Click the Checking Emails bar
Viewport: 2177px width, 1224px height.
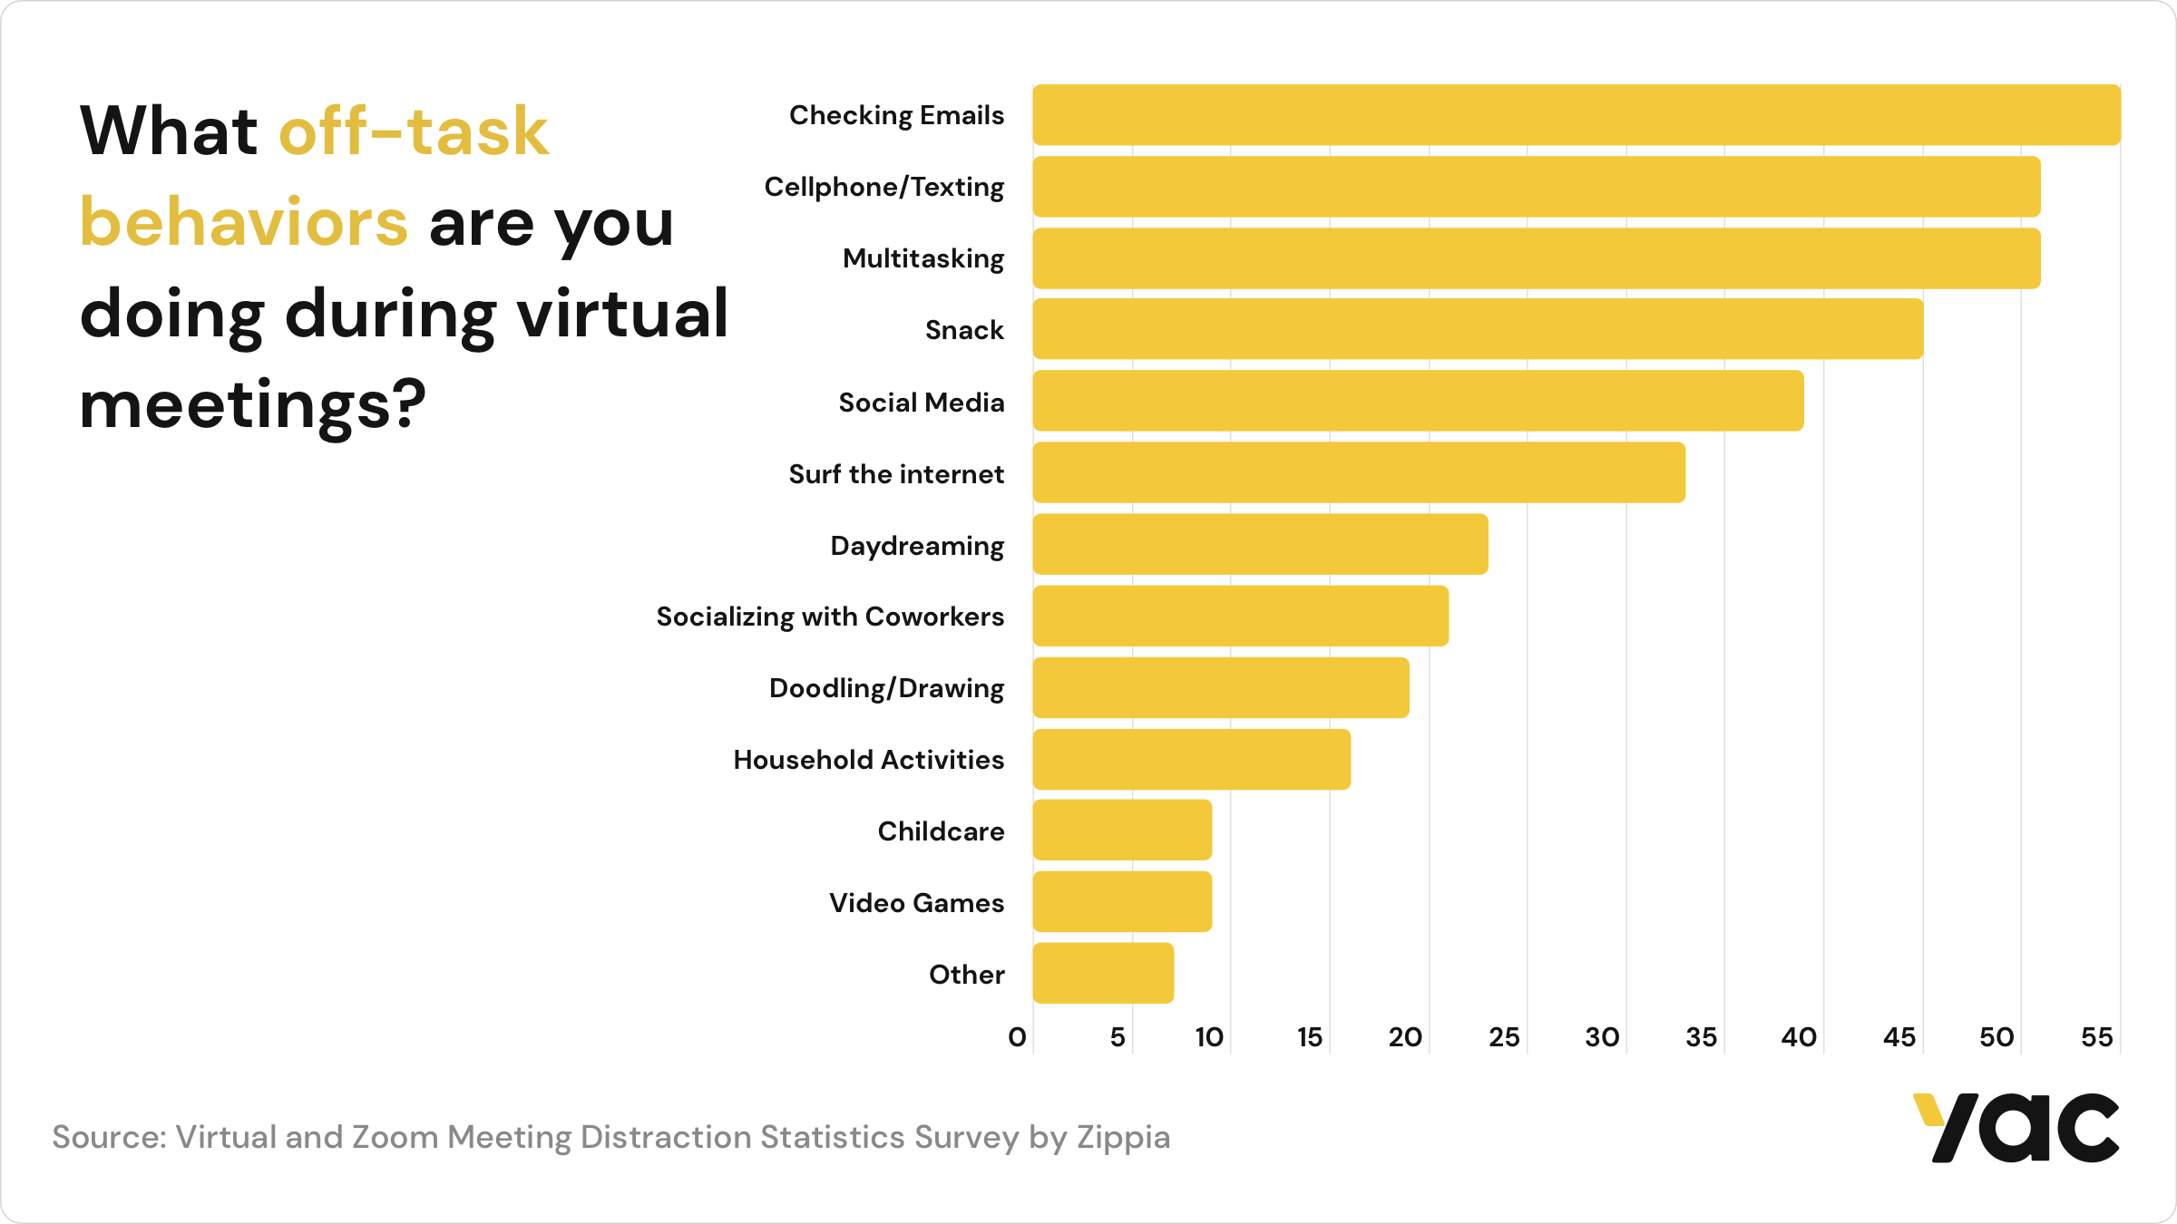[x=1577, y=115]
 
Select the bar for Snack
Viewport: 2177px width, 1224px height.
[x=1478, y=329]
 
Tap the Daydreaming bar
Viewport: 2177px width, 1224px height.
[x=1260, y=544]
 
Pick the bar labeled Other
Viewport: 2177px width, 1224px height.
[x=1103, y=974]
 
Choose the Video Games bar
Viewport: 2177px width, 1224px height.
[x=1122, y=902]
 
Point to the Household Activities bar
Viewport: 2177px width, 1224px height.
[x=1191, y=760]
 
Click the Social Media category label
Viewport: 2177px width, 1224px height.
[x=921, y=402]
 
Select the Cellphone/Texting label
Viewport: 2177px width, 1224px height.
[x=883, y=187]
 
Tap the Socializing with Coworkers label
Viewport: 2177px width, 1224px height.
[x=830, y=617]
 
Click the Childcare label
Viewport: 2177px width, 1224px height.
[x=941, y=831]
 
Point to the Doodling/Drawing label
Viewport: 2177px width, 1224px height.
[x=886, y=688]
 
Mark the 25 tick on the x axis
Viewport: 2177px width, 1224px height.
[x=1504, y=1037]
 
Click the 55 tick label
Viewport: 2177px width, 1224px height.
[x=2096, y=1037]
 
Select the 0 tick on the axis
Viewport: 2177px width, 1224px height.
[x=1017, y=1037]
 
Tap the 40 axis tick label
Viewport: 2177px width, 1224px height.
[x=1799, y=1037]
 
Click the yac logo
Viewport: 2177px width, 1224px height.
[x=2016, y=1128]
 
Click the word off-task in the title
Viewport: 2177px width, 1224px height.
[x=414, y=131]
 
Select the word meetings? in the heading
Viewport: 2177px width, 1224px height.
[x=252, y=405]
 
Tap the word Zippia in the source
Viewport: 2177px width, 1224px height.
[x=1123, y=1137]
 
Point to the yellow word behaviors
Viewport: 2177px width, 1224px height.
[x=244, y=223]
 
